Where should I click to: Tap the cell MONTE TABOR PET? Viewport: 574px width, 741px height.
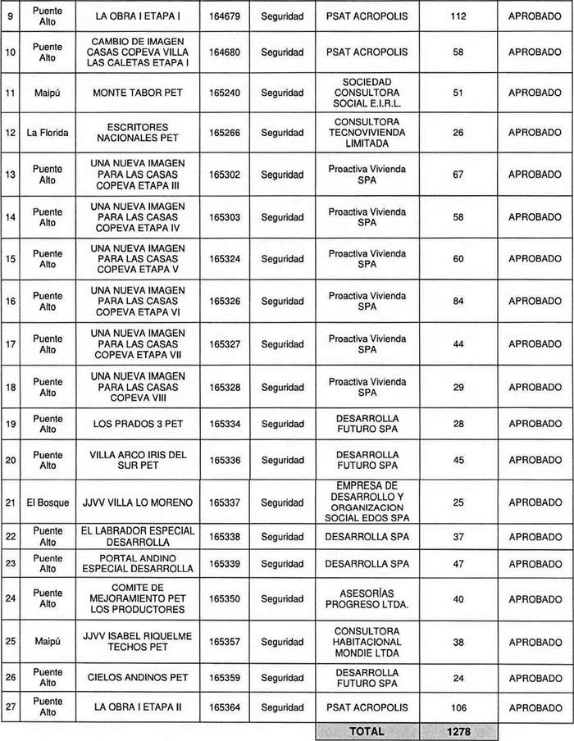pos(139,93)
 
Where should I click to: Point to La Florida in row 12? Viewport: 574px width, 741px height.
pos(47,133)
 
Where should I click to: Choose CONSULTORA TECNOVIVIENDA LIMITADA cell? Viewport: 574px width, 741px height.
pos(367,133)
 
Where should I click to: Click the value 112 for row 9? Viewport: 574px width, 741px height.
pos(458,16)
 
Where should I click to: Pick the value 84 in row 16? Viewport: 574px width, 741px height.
pos(458,302)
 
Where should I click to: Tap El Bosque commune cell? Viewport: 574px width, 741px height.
pos(47,502)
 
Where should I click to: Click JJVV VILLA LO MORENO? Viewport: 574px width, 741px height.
pos(139,502)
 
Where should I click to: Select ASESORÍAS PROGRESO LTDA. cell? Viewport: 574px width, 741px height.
pos(367,599)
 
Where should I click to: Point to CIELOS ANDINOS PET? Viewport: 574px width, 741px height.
pos(139,678)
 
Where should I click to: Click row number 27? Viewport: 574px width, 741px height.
pos(11,707)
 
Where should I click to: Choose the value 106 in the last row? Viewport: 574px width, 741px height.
pos(458,707)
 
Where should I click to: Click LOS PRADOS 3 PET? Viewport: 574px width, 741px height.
pos(139,423)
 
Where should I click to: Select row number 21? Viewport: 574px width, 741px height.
pos(11,502)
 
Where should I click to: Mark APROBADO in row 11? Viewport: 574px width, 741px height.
pos(535,93)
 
